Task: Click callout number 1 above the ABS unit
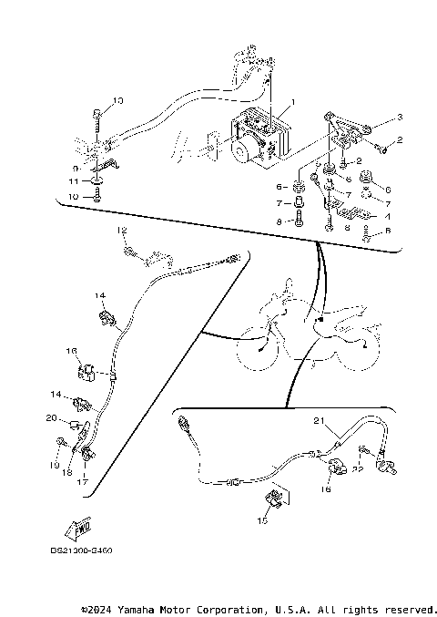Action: (x=294, y=102)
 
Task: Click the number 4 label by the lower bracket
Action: (x=387, y=216)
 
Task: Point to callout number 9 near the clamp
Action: (x=76, y=168)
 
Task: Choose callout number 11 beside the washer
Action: (x=76, y=182)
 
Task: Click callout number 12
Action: (x=120, y=231)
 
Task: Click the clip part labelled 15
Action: (x=272, y=499)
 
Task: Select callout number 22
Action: (x=358, y=468)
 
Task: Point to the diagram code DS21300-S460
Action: (x=88, y=550)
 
